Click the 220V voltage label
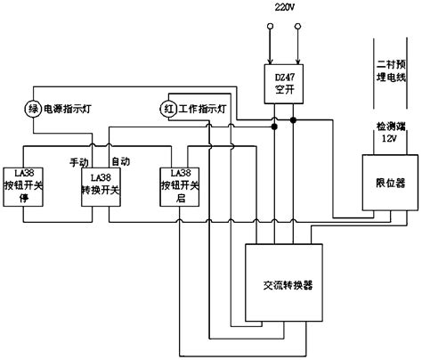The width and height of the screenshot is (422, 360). click(281, 7)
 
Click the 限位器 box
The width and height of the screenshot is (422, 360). click(382, 181)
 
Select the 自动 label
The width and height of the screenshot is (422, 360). click(119, 163)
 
